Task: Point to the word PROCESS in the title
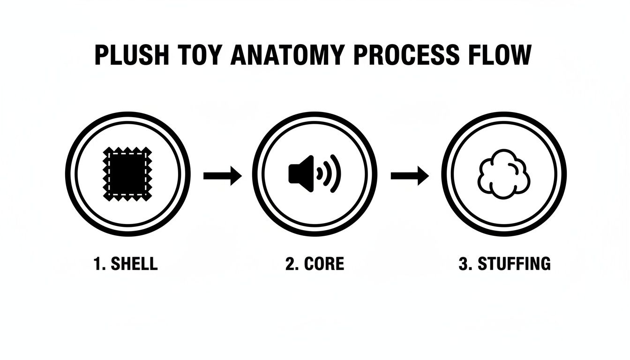pyautogui.click(x=406, y=56)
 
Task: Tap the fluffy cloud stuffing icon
pyautogui.click(x=503, y=174)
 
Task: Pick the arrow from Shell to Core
pyautogui.click(x=222, y=176)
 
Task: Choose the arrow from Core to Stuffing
pyautogui.click(x=410, y=176)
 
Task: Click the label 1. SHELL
pyautogui.click(x=126, y=264)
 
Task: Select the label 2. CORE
pyautogui.click(x=315, y=264)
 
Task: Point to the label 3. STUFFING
pyautogui.click(x=504, y=264)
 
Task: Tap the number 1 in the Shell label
pyautogui.click(x=97, y=264)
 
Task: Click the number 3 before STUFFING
pyautogui.click(x=463, y=264)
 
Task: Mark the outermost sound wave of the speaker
pyautogui.click(x=336, y=174)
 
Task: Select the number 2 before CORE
pyautogui.click(x=290, y=264)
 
